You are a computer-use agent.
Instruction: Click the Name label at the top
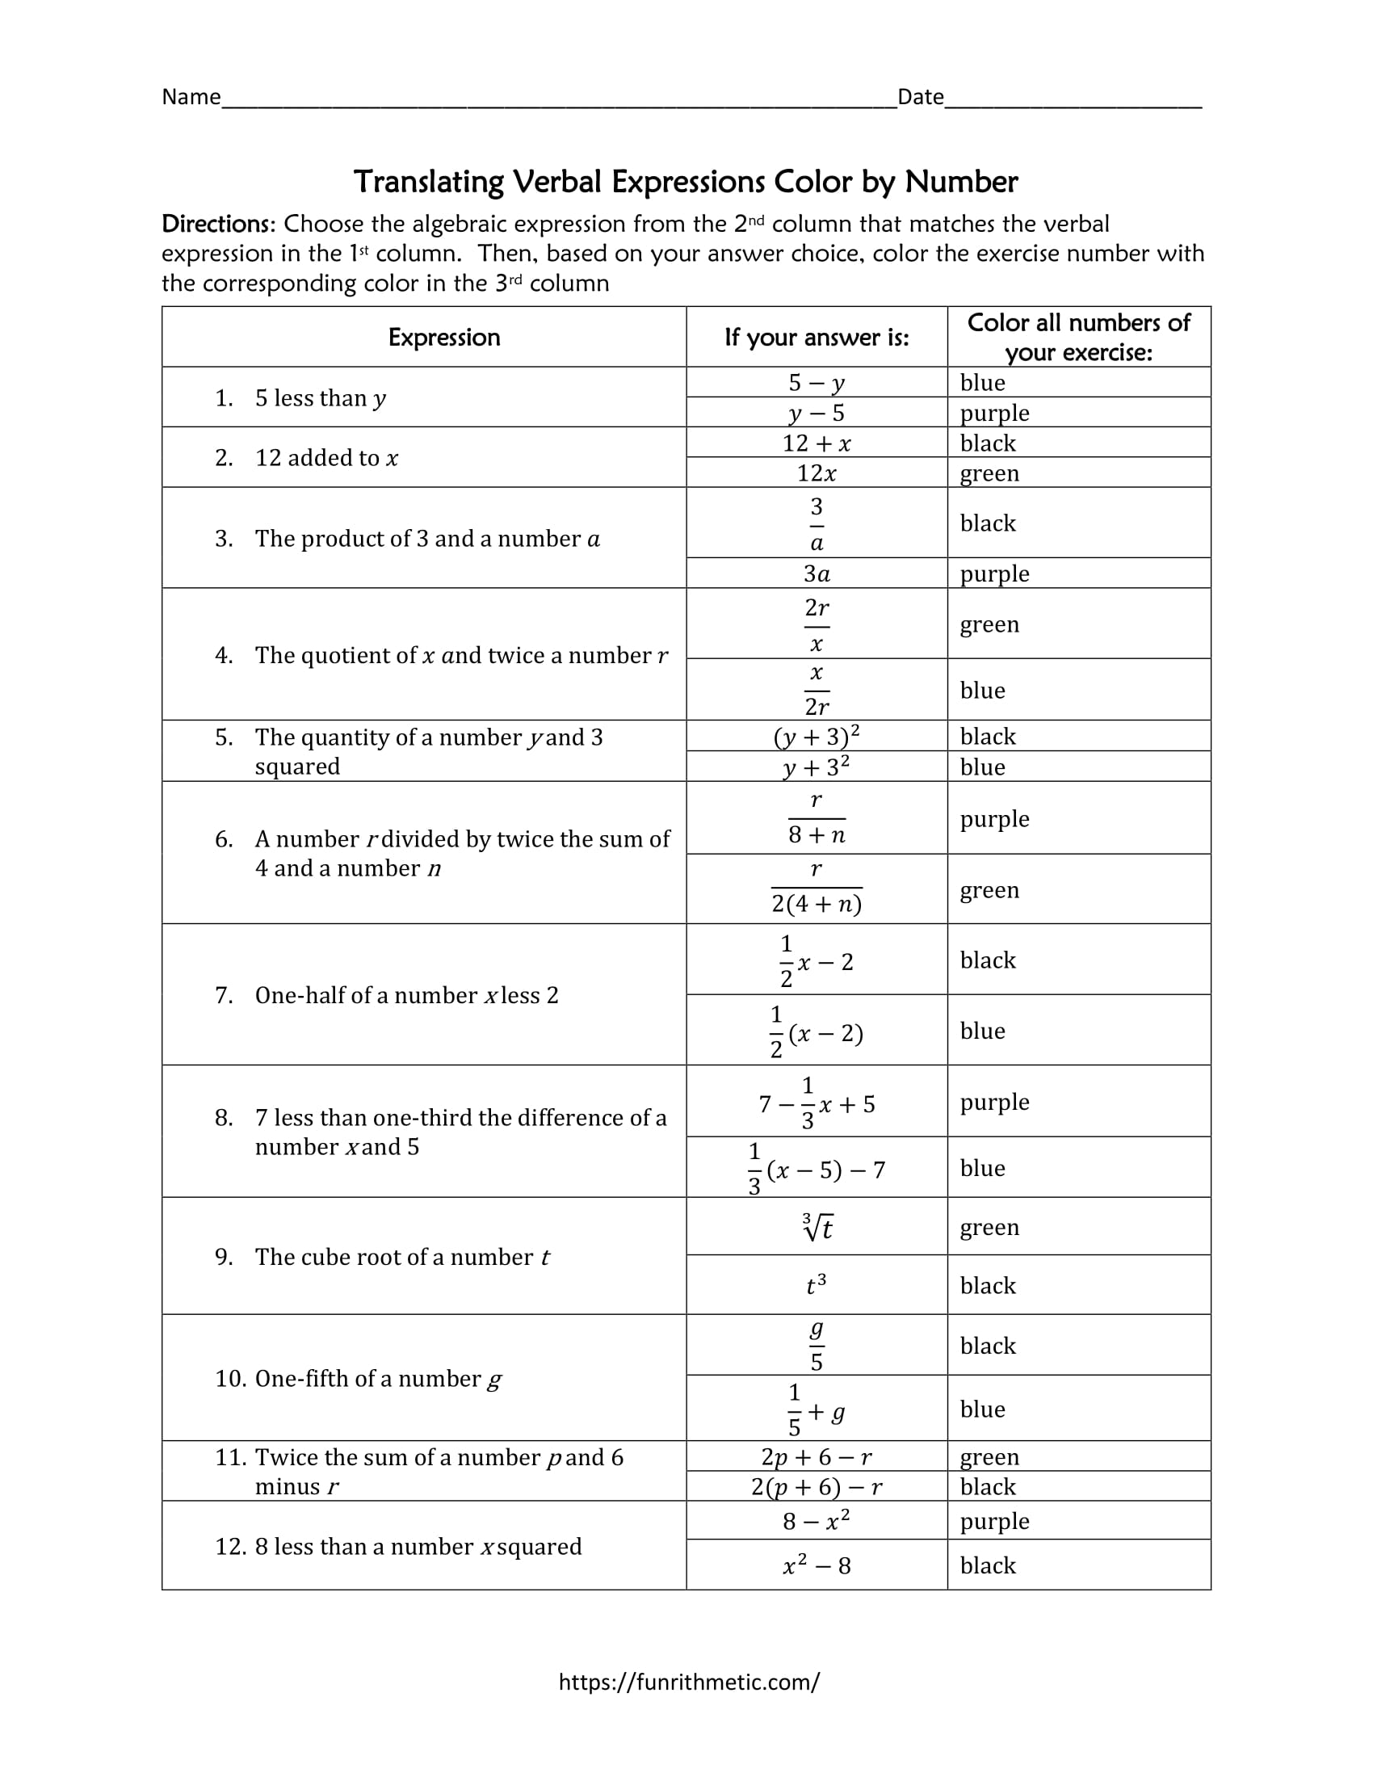pyautogui.click(x=191, y=97)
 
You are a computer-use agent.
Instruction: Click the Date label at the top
pyautogui.click(x=920, y=97)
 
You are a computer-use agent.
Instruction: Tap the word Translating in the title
pyautogui.click(x=428, y=182)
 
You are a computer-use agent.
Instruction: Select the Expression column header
pyautogui.click(x=443, y=337)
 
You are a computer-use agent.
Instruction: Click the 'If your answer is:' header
pyautogui.click(x=817, y=337)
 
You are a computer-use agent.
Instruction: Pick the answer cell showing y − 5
pyautogui.click(x=817, y=413)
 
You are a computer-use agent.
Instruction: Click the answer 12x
pyautogui.click(x=817, y=473)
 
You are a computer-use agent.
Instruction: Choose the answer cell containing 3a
pyautogui.click(x=817, y=573)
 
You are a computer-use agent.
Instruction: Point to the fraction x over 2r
pyautogui.click(x=817, y=690)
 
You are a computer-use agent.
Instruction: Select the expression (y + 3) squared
pyautogui.click(x=817, y=737)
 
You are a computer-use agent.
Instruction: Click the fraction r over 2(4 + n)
pyautogui.click(x=817, y=888)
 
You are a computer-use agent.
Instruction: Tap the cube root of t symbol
pyautogui.click(x=817, y=1227)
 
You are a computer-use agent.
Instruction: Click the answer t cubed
pyautogui.click(x=817, y=1285)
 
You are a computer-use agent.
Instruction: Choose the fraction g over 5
pyautogui.click(x=817, y=1345)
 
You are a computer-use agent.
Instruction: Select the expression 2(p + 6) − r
pyautogui.click(x=817, y=1486)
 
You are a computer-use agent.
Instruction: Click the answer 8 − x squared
pyautogui.click(x=817, y=1521)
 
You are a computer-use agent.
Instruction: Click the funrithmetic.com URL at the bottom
pyautogui.click(x=689, y=1682)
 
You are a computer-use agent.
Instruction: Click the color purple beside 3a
pyautogui.click(x=994, y=573)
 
